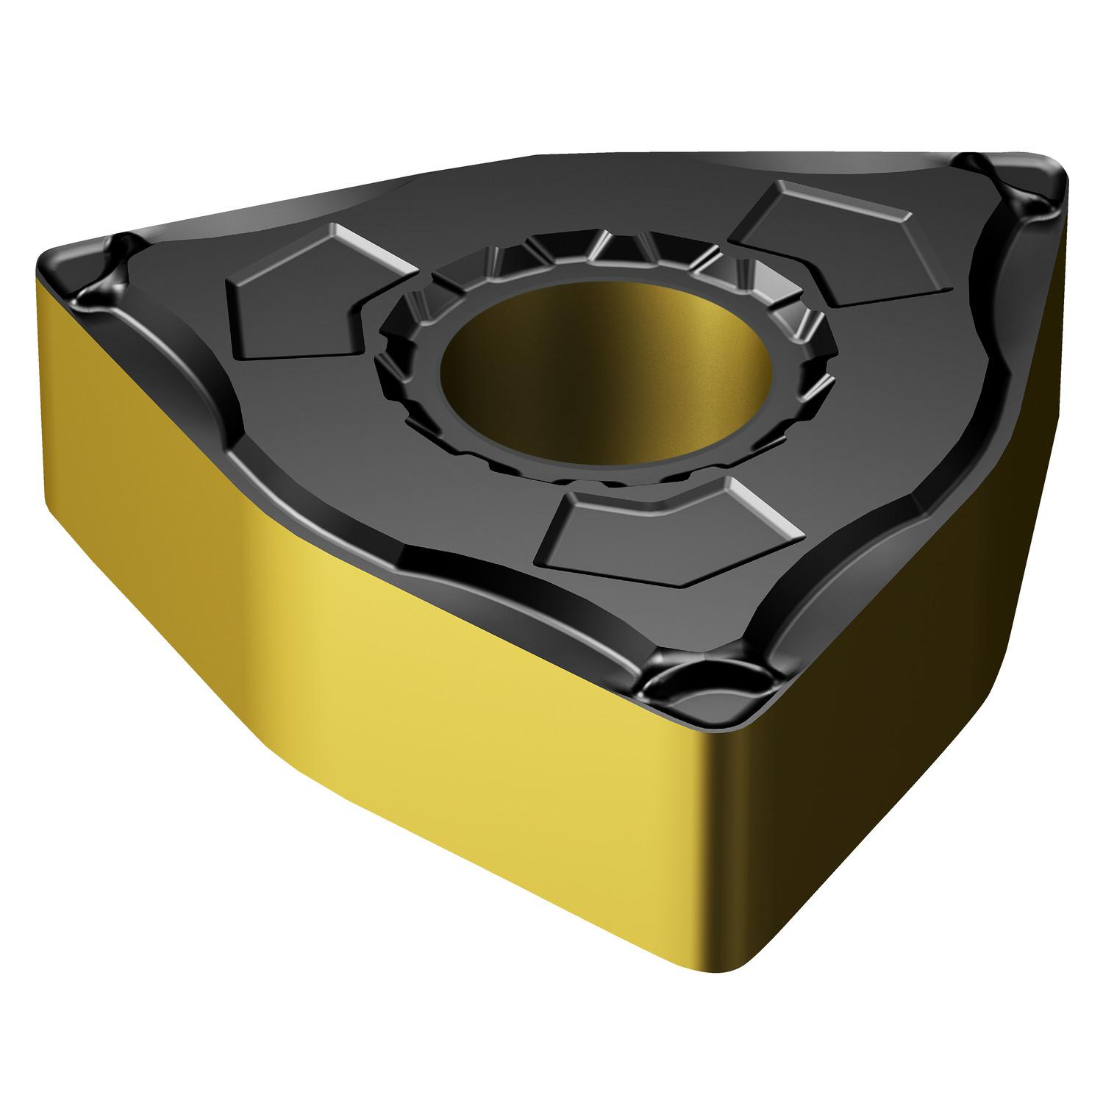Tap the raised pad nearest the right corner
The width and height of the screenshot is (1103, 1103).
click(831, 243)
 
